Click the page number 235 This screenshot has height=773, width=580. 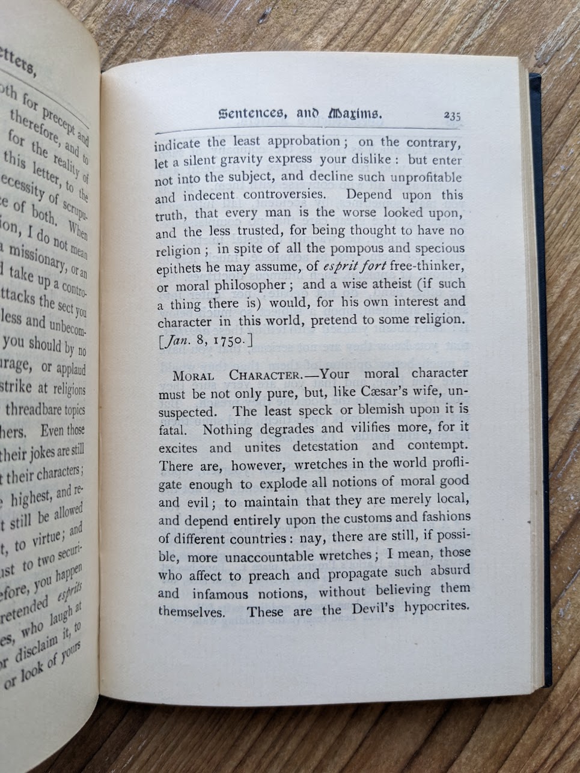pyautogui.click(x=452, y=116)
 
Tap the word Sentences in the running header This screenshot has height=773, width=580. pyautogui.click(x=249, y=114)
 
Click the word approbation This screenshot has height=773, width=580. pyautogui.click(x=304, y=142)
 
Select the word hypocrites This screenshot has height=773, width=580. pyautogui.click(x=436, y=607)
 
